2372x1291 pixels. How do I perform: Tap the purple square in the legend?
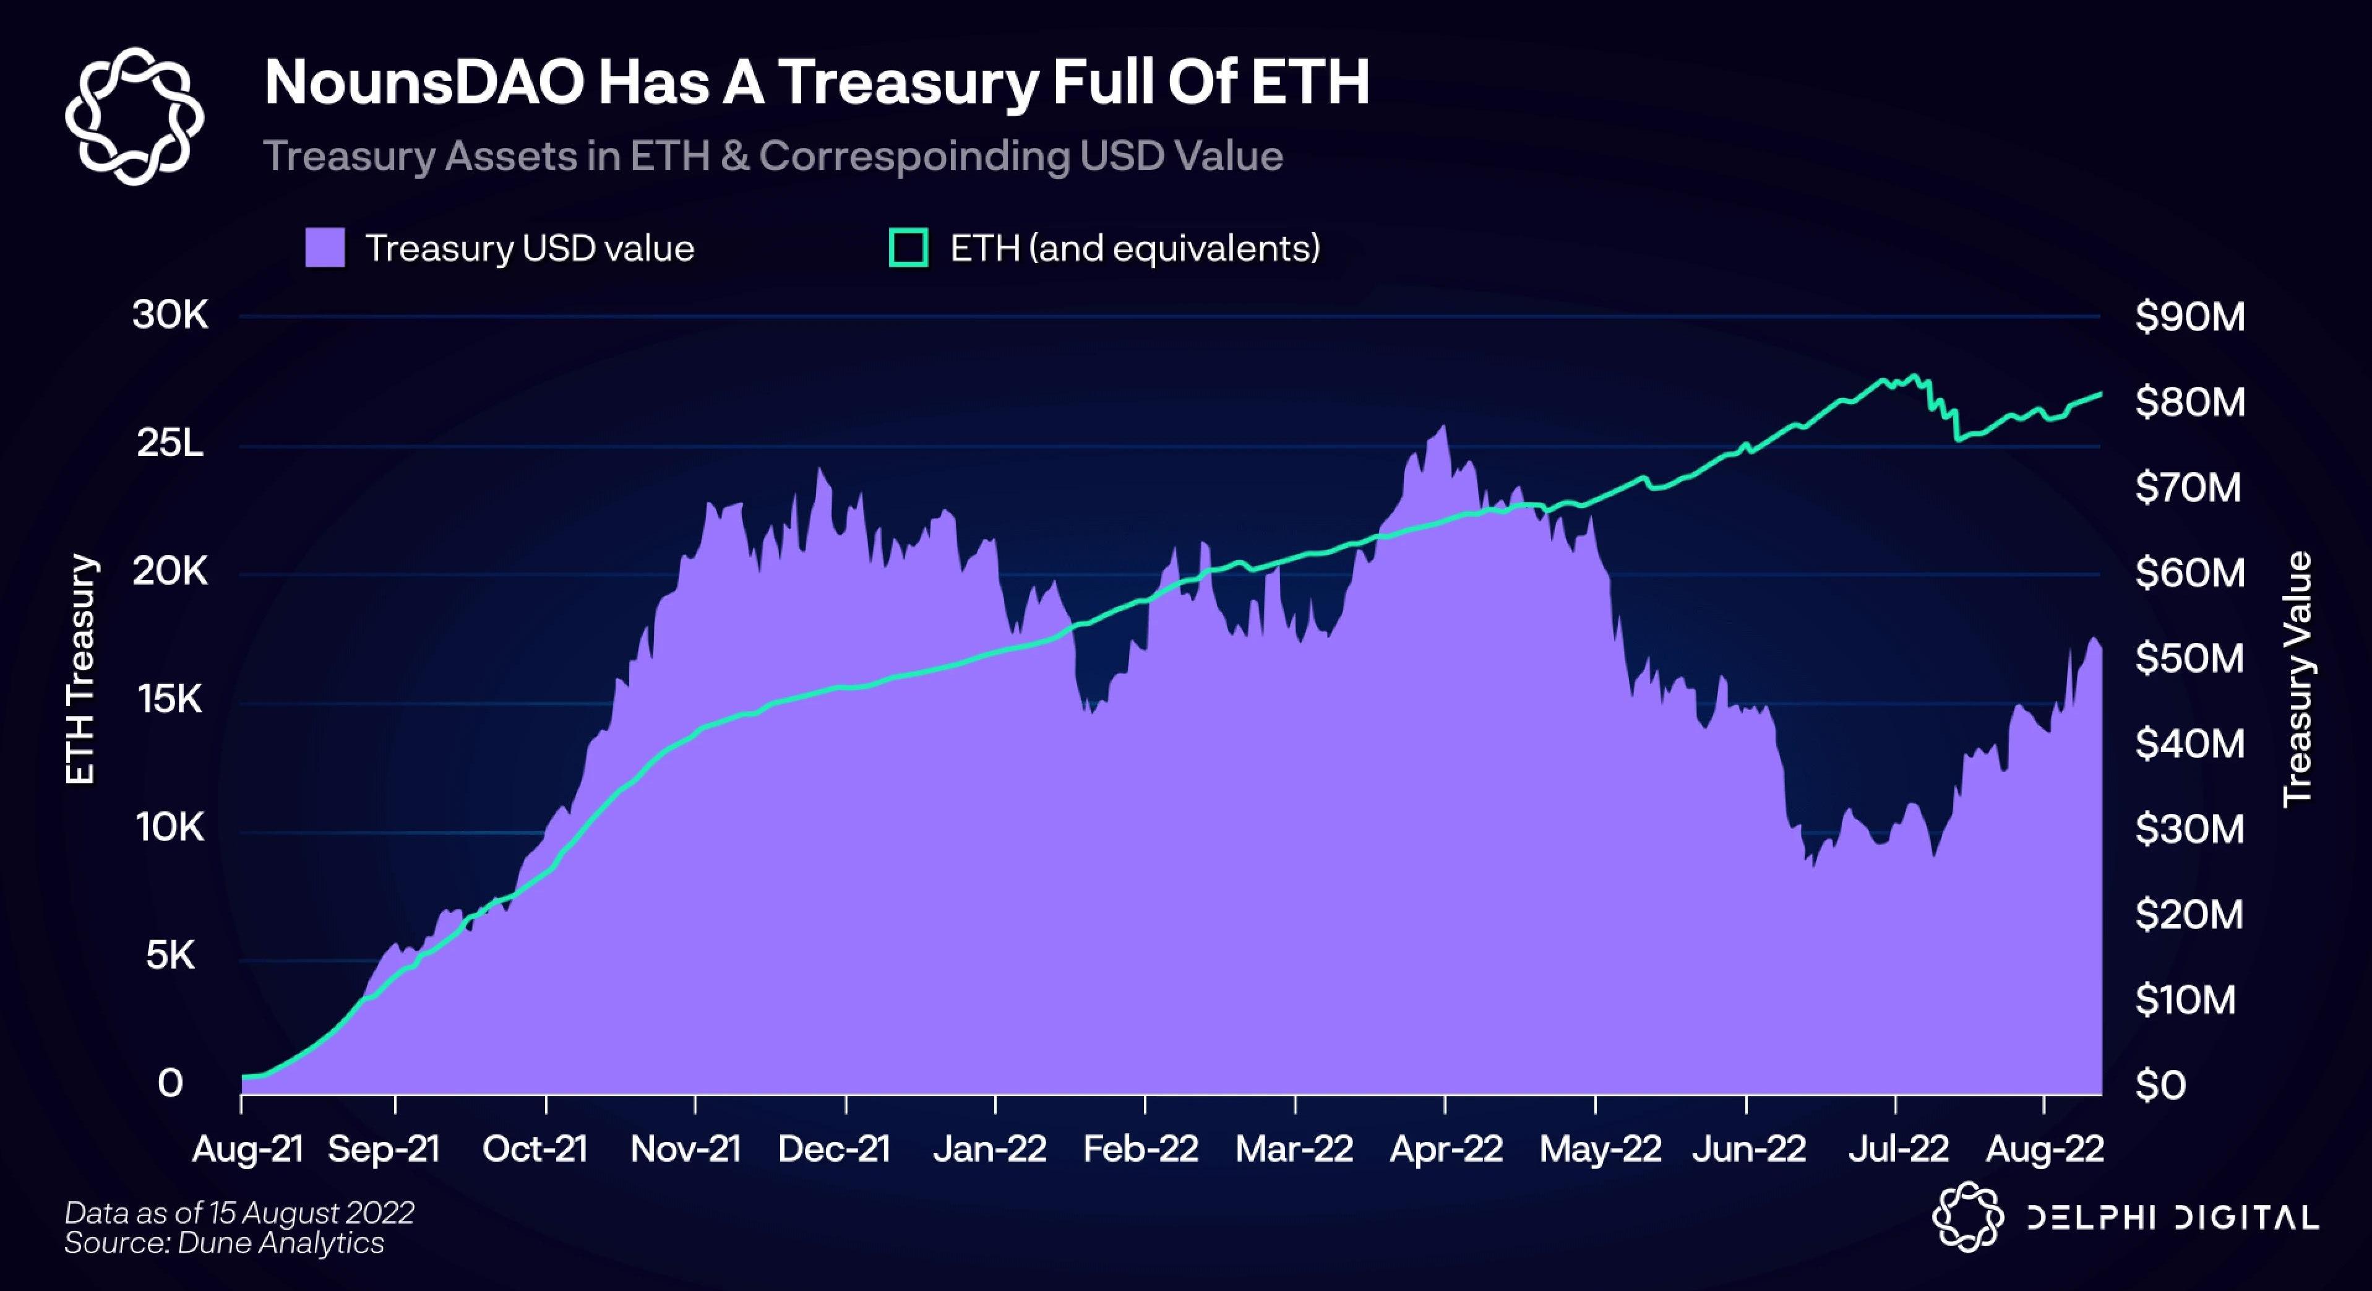pyautogui.click(x=325, y=248)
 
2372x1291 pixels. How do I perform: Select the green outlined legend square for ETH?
pyautogui.click(x=908, y=248)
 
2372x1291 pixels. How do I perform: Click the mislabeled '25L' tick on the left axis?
pyautogui.click(x=170, y=444)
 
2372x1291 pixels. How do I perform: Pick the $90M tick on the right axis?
pyautogui.click(x=2189, y=317)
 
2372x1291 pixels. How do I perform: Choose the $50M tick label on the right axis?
pyautogui.click(x=2189, y=658)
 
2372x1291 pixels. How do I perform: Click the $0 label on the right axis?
pyautogui.click(x=2160, y=1086)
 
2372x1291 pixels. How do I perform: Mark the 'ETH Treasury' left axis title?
pyautogui.click(x=81, y=670)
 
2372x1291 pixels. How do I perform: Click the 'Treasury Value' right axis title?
pyautogui.click(x=2298, y=679)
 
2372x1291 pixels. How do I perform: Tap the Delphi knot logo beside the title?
pyautogui.click(x=134, y=116)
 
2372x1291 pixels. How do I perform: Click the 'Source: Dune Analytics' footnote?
pyautogui.click(x=224, y=1243)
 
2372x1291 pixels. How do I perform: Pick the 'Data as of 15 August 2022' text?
pyautogui.click(x=239, y=1213)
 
